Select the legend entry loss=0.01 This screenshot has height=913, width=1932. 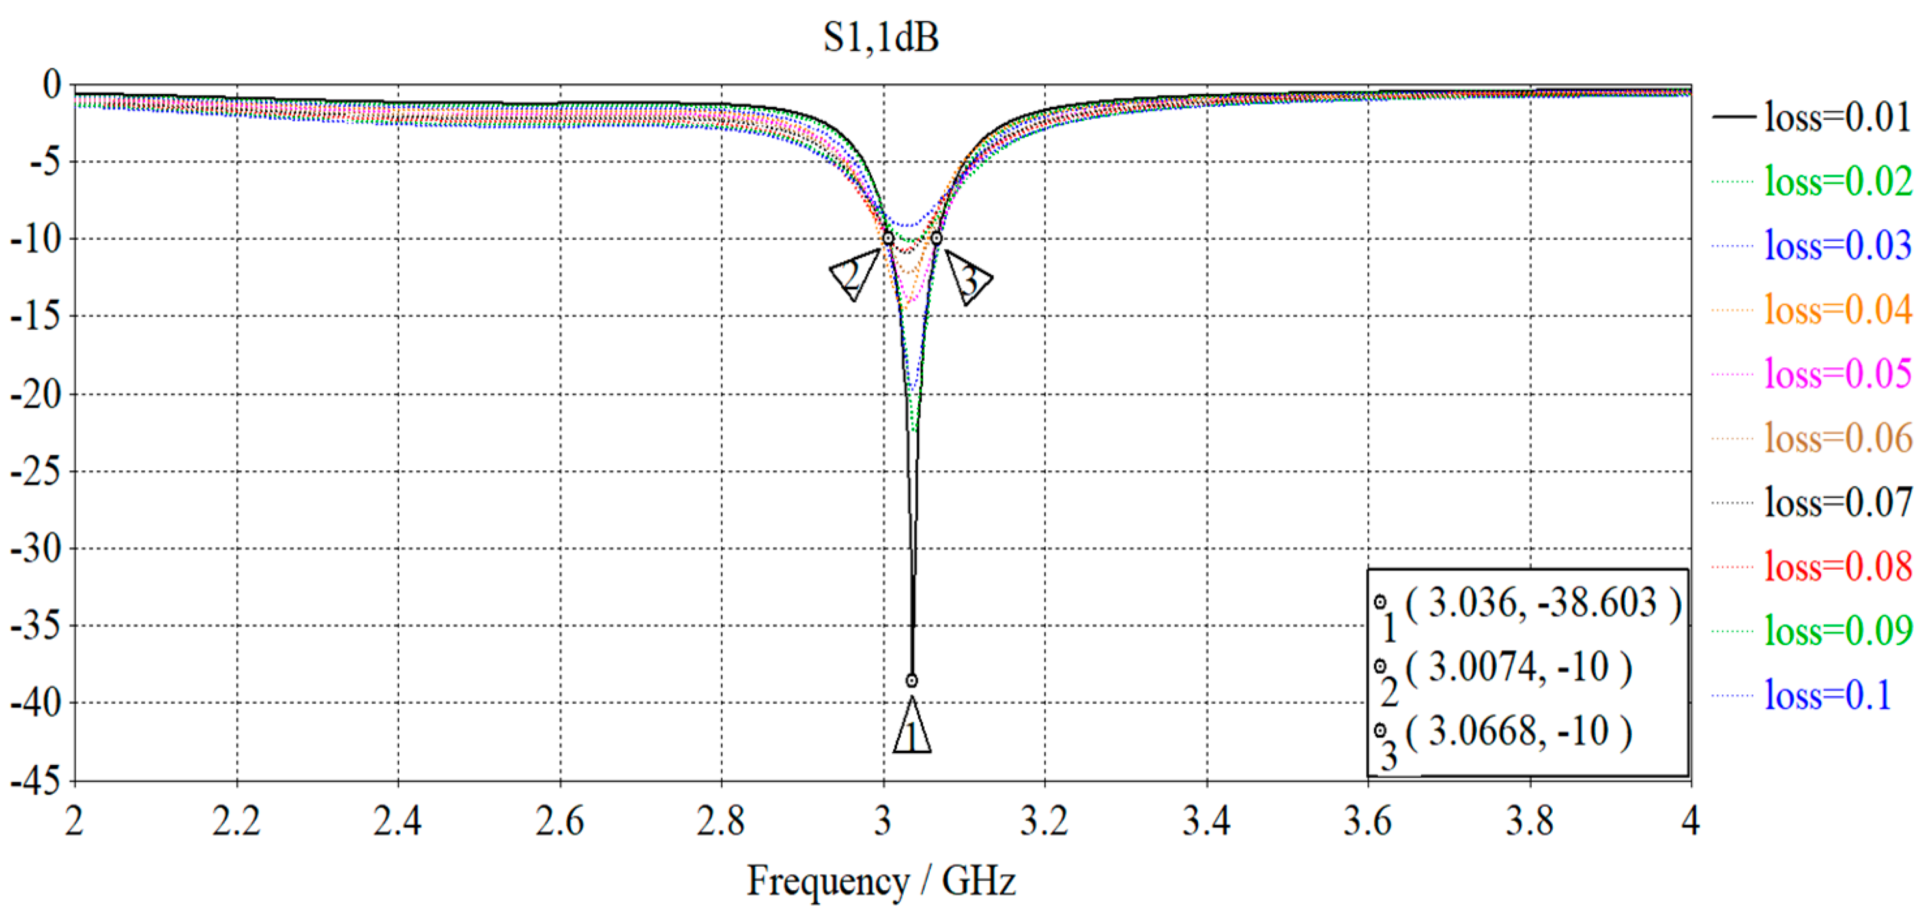click(x=1837, y=117)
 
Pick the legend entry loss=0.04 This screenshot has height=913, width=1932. click(x=1837, y=309)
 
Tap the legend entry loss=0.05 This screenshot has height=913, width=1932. click(x=1837, y=373)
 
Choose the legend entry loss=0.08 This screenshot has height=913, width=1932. click(x=1837, y=566)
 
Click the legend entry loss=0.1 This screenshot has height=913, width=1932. click(x=1827, y=695)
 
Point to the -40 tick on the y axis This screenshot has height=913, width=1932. click(x=35, y=703)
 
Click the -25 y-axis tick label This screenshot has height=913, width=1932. click(x=35, y=471)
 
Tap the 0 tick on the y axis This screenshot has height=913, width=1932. click(x=51, y=84)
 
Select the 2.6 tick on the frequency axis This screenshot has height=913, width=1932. click(x=560, y=821)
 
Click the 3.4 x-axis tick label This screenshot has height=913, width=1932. click(x=1206, y=821)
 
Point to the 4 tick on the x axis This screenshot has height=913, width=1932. click(x=1690, y=821)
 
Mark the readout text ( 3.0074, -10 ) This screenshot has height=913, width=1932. click(x=1518, y=666)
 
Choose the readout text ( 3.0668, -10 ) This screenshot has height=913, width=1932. click(x=1518, y=731)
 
